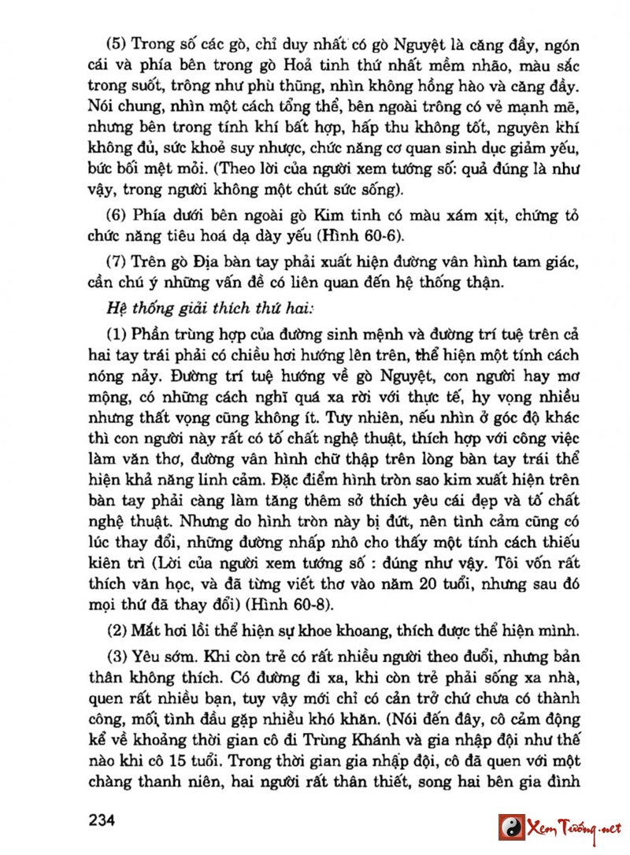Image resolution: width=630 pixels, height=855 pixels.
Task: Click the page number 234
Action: tap(102, 820)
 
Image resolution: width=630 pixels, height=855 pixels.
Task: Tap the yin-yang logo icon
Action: tap(512, 827)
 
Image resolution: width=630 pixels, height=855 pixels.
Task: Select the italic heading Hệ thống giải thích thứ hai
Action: tap(199, 302)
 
